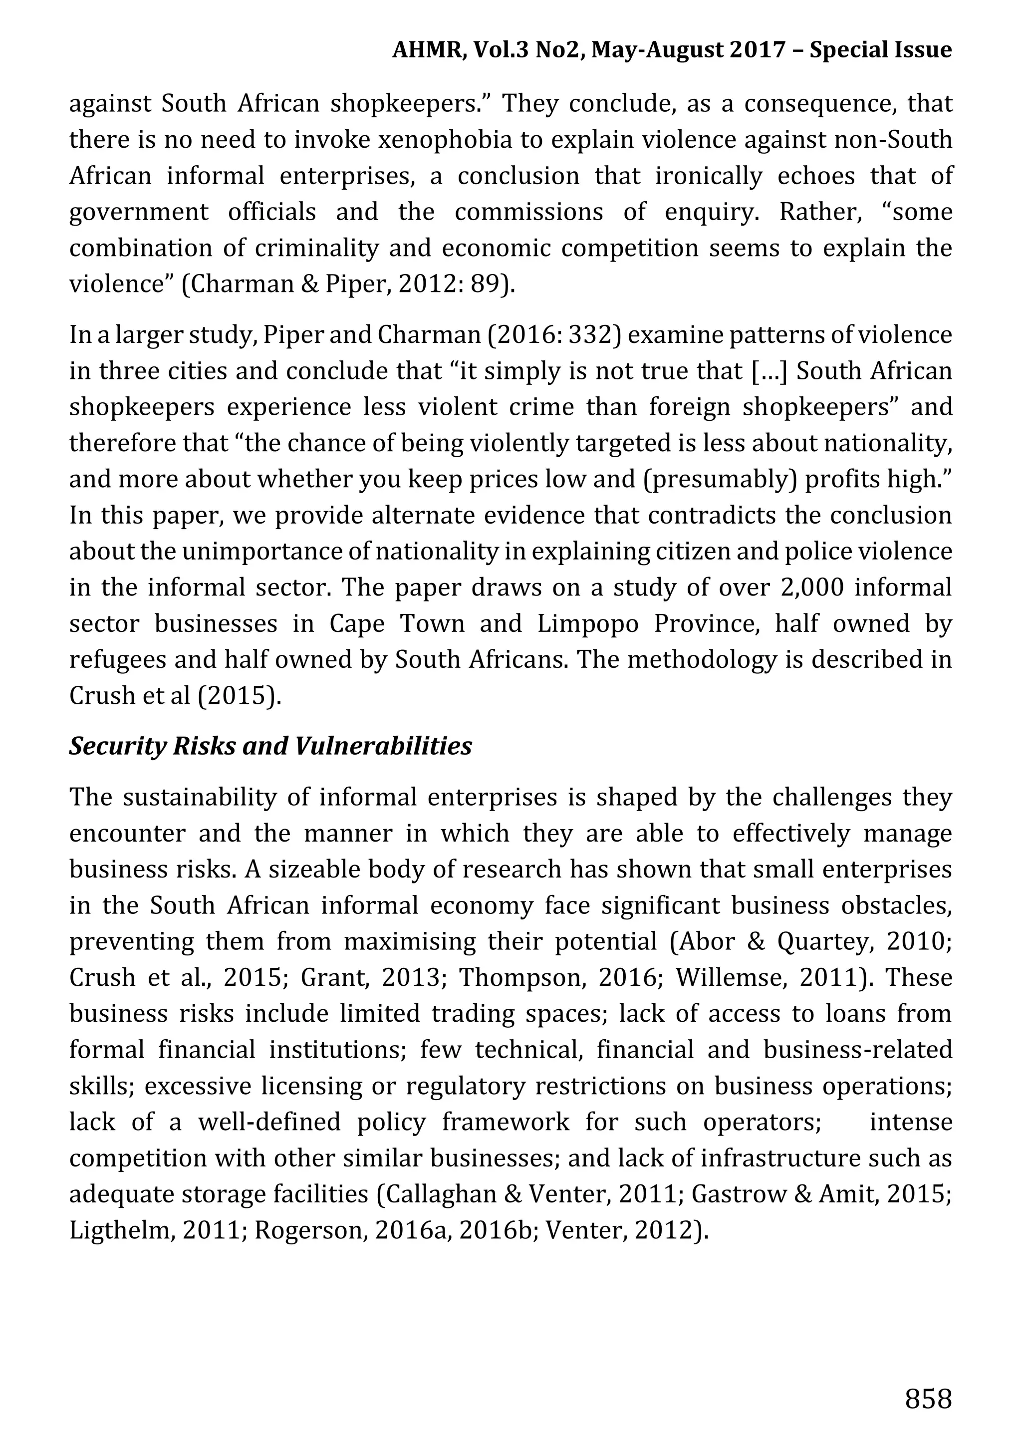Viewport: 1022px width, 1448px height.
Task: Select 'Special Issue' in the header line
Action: pos(880,50)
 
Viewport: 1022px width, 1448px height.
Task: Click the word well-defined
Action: pos(269,1123)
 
